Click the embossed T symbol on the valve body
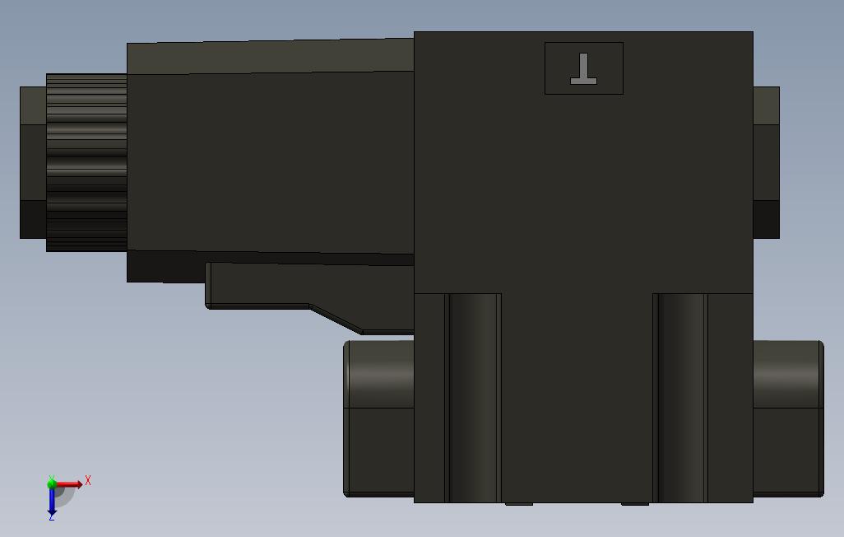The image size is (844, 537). [x=584, y=69]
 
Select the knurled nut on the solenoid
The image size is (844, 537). [x=86, y=162]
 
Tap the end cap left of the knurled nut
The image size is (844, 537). [x=33, y=162]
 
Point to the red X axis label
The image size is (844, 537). [x=88, y=480]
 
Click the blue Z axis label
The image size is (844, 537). [x=51, y=517]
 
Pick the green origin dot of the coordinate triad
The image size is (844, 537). [x=52, y=484]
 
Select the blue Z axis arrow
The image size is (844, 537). [x=52, y=501]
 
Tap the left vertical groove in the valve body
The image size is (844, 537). [x=474, y=397]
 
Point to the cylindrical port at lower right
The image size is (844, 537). [x=788, y=418]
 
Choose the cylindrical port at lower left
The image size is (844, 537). [x=378, y=418]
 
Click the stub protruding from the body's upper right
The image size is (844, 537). [x=766, y=144]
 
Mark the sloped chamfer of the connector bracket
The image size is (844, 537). [x=336, y=319]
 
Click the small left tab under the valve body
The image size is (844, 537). [x=518, y=503]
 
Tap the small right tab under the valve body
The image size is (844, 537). [x=634, y=503]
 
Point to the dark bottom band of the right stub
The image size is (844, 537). [x=766, y=219]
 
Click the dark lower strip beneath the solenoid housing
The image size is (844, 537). [x=165, y=266]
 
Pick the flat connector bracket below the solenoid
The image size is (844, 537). [x=263, y=285]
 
